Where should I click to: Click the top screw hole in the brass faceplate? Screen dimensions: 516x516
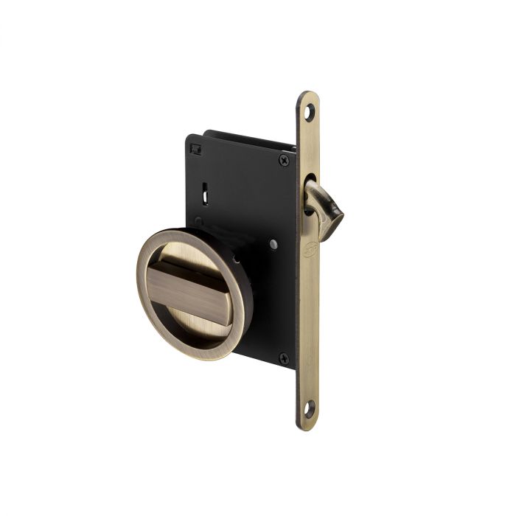309,112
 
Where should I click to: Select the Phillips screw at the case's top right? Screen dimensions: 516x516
284,160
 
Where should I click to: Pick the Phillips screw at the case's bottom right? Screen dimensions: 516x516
284,358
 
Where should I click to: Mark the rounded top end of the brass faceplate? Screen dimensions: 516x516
308,97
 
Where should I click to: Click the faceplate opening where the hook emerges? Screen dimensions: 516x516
309,184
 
